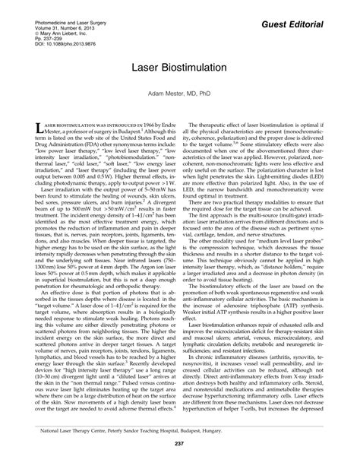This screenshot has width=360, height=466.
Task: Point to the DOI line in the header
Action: tap(65, 45)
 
